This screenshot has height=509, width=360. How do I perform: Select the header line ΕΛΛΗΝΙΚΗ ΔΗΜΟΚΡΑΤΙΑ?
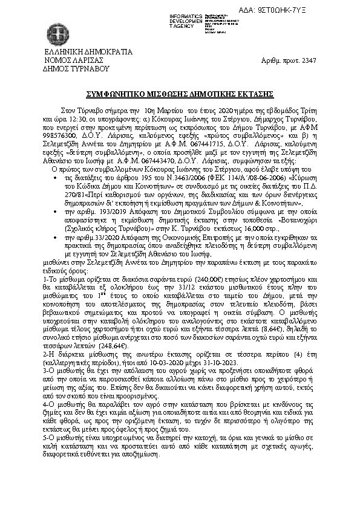(x=85, y=53)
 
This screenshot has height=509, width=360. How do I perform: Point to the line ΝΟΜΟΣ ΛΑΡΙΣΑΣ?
(x=74, y=60)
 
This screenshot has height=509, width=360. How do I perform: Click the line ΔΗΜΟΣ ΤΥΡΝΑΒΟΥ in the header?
(x=76, y=68)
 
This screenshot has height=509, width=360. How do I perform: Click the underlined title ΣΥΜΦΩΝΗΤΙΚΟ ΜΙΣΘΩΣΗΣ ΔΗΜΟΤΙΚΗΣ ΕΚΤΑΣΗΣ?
(x=180, y=94)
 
